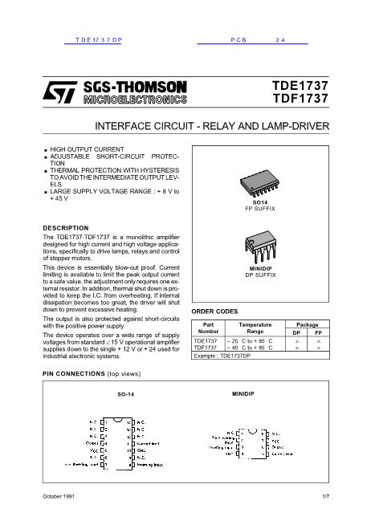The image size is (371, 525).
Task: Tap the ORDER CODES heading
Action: [x=214, y=311]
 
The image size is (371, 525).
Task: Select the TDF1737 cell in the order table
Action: [x=206, y=348]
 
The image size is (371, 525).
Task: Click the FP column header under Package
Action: [x=318, y=332]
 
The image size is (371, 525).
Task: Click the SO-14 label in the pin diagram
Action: [x=124, y=396]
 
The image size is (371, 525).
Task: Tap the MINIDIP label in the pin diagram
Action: [x=243, y=395]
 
